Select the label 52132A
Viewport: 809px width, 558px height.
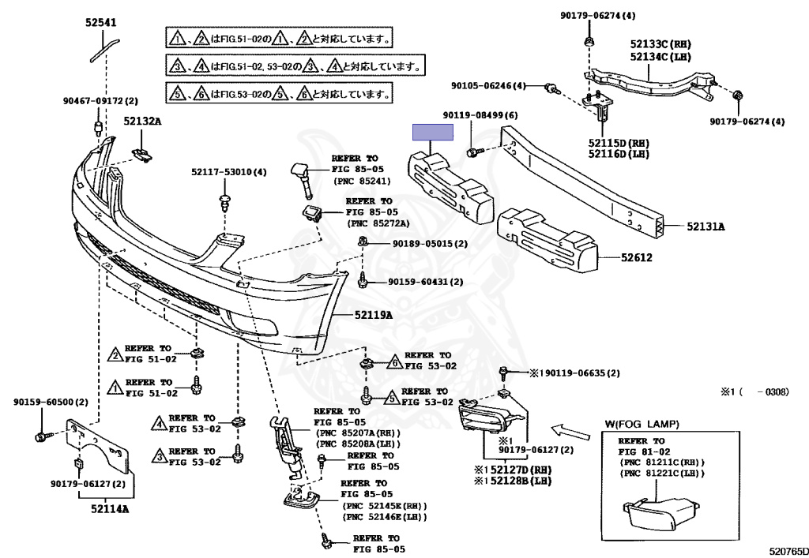[x=142, y=121]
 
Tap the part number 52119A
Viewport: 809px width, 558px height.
[x=374, y=316]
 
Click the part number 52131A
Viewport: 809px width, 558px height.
[x=706, y=227]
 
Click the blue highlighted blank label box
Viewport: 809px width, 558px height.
[x=431, y=133]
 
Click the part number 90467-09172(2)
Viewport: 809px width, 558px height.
[x=100, y=101]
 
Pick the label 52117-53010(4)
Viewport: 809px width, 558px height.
[x=229, y=172]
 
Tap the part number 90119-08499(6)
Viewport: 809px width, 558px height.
[x=480, y=116]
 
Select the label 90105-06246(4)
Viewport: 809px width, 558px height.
[x=488, y=86]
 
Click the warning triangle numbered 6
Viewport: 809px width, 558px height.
[x=391, y=363]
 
